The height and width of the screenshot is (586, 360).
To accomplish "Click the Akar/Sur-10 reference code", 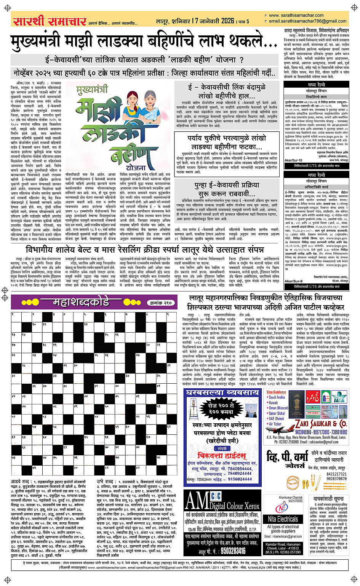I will click(293, 160).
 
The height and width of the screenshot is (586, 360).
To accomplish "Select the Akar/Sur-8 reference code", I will click(293, 282).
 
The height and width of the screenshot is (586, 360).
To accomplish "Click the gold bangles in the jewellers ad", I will click(295, 482).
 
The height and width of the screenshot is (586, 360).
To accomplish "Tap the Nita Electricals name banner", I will click(283, 519).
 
